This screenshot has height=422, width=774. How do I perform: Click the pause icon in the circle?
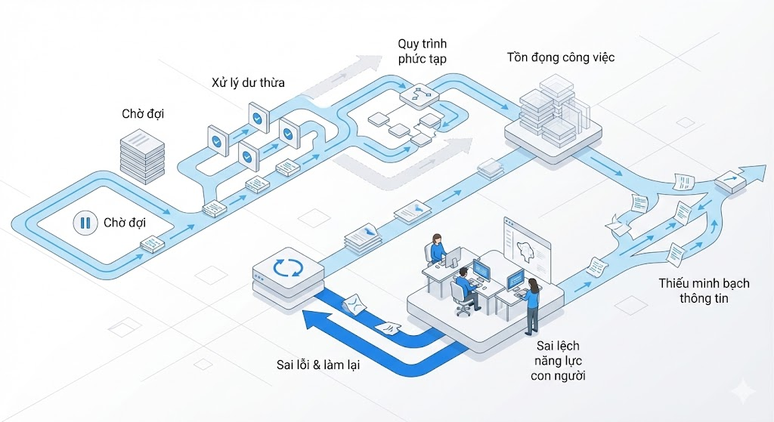coord(85,223)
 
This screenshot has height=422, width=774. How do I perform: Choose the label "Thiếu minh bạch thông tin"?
coord(703,291)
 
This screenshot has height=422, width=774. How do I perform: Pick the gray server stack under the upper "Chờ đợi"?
coord(142,155)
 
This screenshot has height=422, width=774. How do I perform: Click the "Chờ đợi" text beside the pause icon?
coord(125,223)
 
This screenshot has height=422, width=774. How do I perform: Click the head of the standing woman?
coord(533,284)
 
